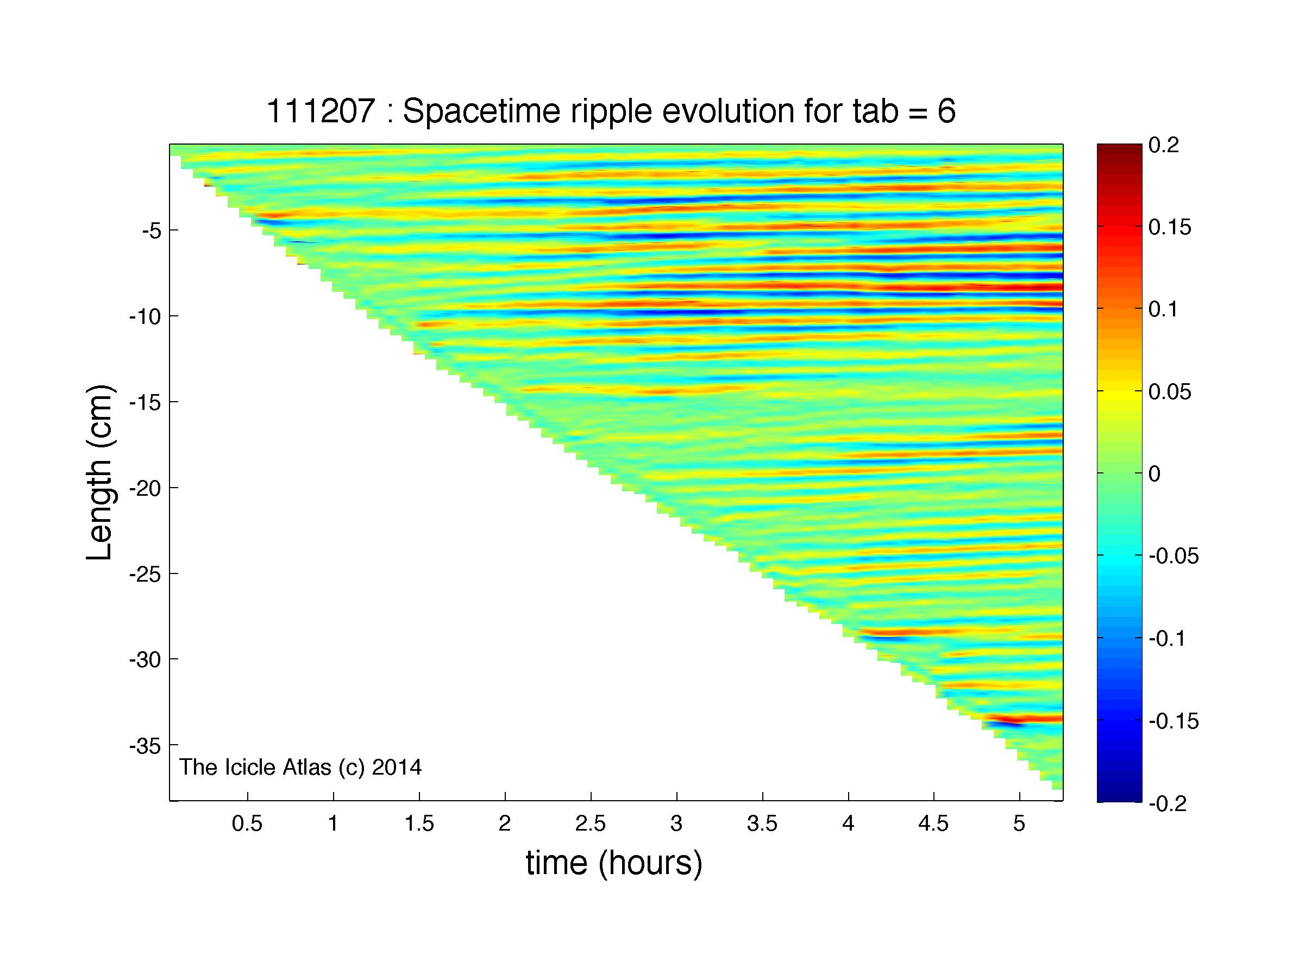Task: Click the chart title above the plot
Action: pos(611,111)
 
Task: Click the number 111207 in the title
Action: pos(321,111)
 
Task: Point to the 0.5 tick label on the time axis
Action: pos(247,824)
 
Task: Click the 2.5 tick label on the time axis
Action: pos(591,824)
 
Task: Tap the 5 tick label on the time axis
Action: pos(1019,824)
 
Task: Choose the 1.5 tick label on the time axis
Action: pos(419,824)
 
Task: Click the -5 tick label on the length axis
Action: pos(151,230)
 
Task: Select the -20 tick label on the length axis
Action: pos(145,488)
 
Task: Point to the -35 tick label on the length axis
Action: pos(145,746)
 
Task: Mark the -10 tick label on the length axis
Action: pos(145,316)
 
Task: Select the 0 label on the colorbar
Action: pos(1155,474)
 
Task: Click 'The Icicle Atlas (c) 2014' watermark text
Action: pos(300,766)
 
